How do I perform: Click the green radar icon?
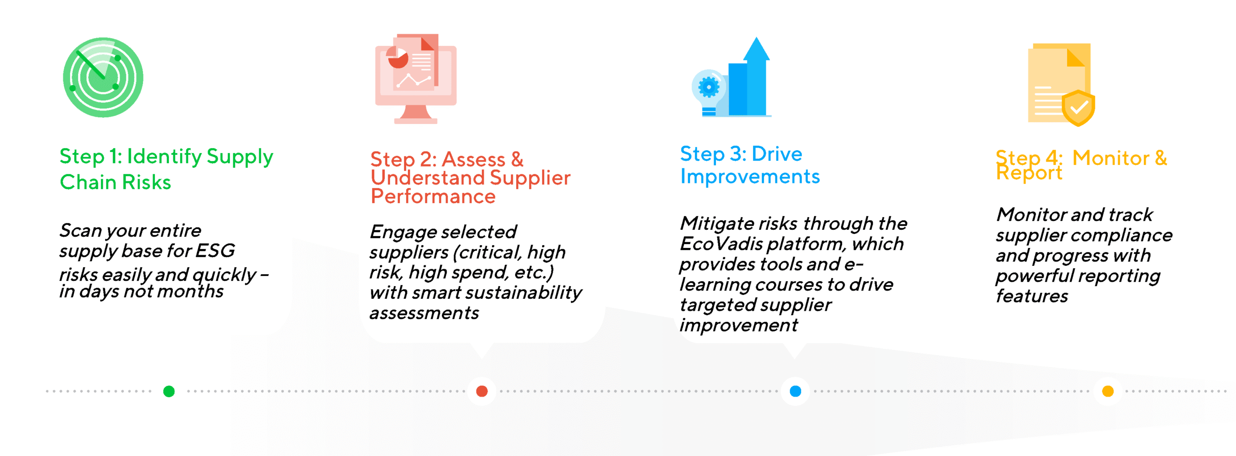tap(103, 77)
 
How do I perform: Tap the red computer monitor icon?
tap(416, 79)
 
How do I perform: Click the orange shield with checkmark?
tap(1078, 108)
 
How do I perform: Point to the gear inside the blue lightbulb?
tap(708, 87)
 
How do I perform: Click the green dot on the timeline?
tap(169, 391)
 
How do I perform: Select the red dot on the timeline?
tap(481, 391)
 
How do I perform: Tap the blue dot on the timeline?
tap(795, 391)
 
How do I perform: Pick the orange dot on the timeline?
tap(1108, 391)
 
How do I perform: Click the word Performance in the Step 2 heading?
tap(433, 196)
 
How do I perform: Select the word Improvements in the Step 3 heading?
tap(750, 177)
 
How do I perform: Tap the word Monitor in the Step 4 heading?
tap(1110, 158)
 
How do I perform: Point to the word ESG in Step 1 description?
tap(215, 250)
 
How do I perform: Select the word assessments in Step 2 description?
tap(424, 313)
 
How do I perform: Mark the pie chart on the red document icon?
tap(398, 60)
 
